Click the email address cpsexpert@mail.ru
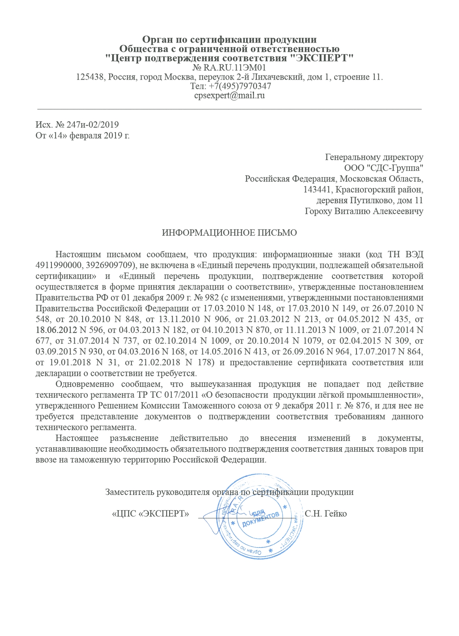(x=229, y=95)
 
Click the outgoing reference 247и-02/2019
(x=93, y=124)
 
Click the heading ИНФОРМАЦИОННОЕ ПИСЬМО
(x=229, y=233)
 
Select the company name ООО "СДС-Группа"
(x=383, y=168)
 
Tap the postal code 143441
(x=318, y=190)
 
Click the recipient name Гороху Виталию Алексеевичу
(x=364, y=211)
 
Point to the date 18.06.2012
(x=56, y=329)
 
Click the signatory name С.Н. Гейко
(x=326, y=513)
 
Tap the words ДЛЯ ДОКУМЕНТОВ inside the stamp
(x=261, y=518)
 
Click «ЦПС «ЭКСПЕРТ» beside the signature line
(x=151, y=513)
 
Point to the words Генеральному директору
(x=374, y=157)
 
